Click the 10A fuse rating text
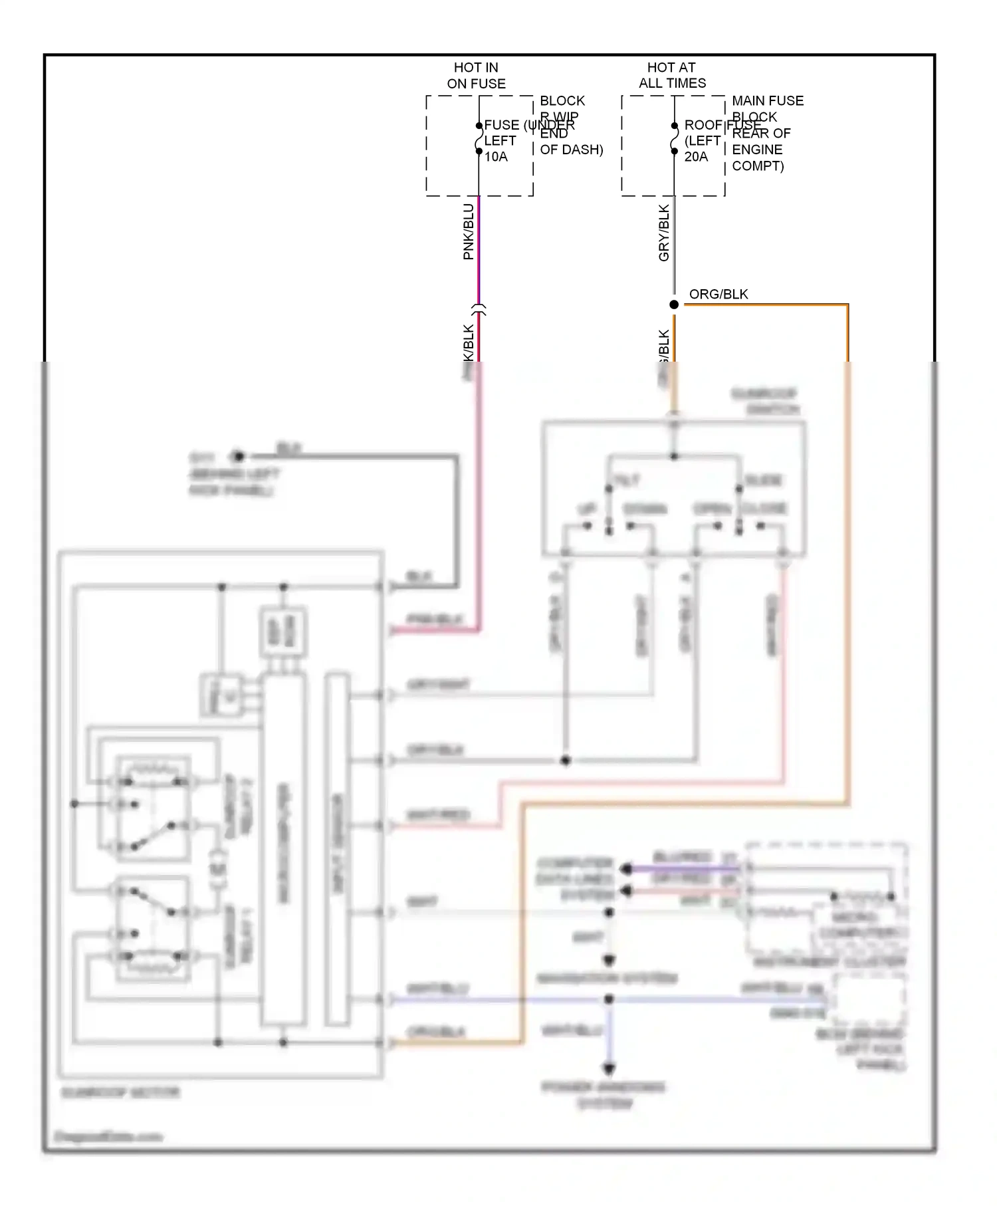pos(495,157)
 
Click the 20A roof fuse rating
pos(695,157)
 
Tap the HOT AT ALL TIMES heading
pos(671,75)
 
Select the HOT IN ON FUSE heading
pos(476,75)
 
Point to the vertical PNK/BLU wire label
pos(468,231)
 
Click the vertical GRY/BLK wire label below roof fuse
pos(663,233)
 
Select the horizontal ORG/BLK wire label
pos(718,294)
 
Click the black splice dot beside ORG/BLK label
pos(673,304)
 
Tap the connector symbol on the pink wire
pos(479,309)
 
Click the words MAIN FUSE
pos(767,101)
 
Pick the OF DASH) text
pos(571,150)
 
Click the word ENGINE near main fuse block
pos(756,150)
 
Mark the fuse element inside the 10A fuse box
pos(479,138)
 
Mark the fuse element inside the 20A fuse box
pos(674,138)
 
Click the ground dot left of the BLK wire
pos(237,456)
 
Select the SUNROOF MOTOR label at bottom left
pos(120,1092)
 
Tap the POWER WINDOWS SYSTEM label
pos(604,1095)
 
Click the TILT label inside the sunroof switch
pos(625,480)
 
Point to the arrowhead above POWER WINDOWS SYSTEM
pos(609,1069)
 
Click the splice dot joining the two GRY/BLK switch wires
pos(566,760)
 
